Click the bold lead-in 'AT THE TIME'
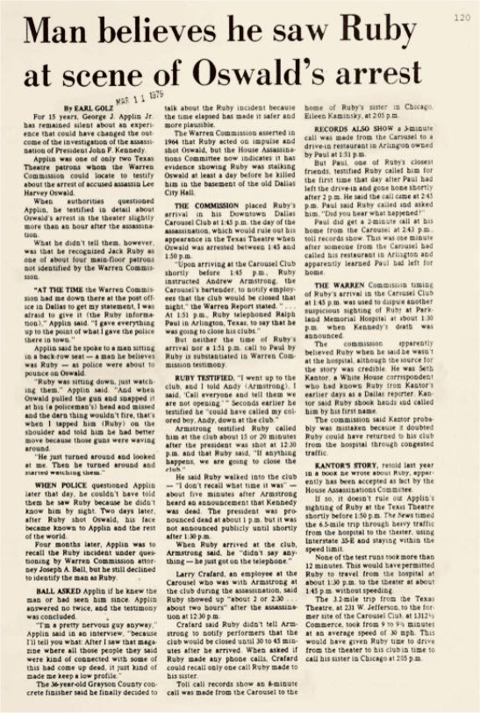[59, 288]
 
